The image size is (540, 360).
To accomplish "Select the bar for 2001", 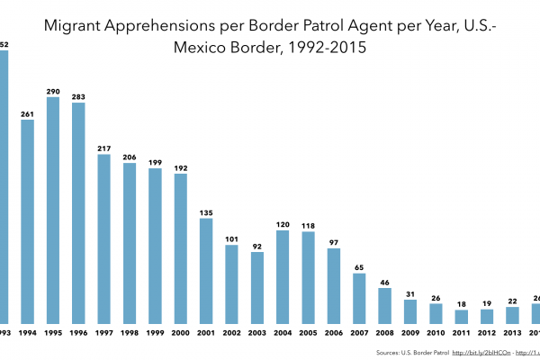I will click(x=206, y=270).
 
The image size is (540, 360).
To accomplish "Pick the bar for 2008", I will click(x=384, y=305).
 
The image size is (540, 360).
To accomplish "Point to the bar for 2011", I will click(x=461, y=316).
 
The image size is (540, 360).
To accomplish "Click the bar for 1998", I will click(x=130, y=242).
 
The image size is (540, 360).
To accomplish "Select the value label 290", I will click(x=53, y=91).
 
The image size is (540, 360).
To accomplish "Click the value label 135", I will click(x=206, y=212).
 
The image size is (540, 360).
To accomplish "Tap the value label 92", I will click(x=257, y=246).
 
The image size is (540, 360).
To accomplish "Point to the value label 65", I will click(x=359, y=267).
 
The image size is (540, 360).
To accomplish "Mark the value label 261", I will click(x=27, y=113).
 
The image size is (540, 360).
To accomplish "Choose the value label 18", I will click(x=461, y=304).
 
